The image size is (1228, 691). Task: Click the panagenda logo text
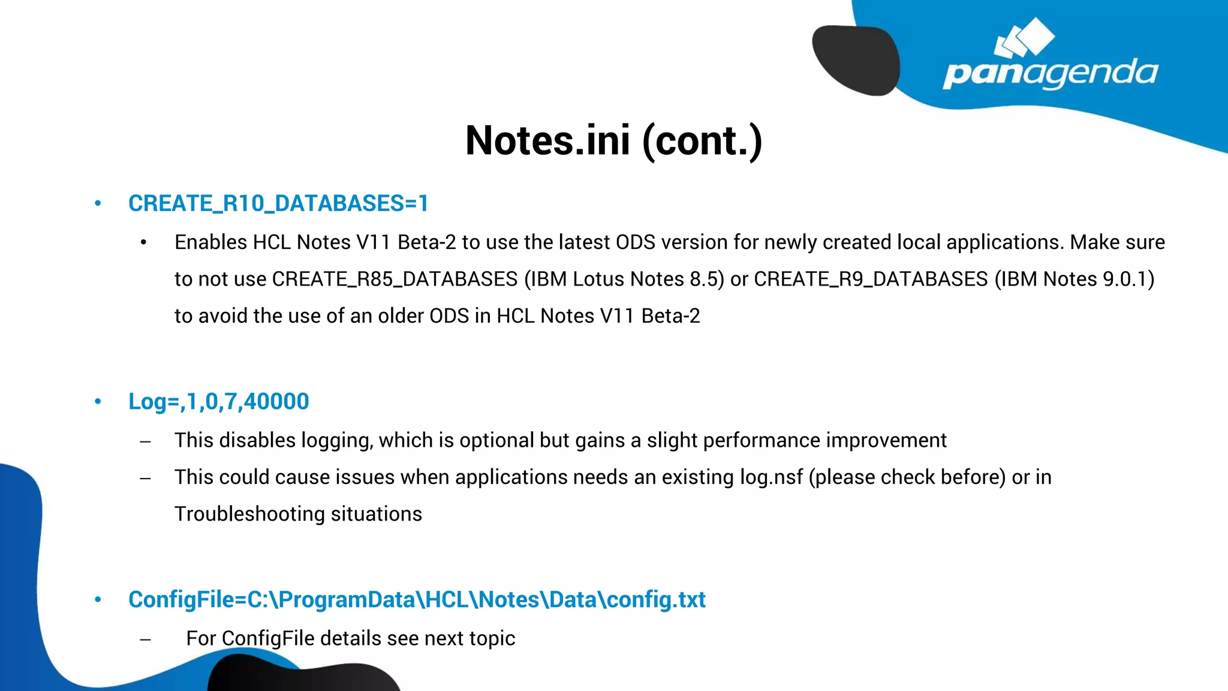click(1050, 73)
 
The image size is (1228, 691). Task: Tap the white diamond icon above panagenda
click(1025, 38)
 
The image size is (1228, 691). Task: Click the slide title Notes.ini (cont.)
click(613, 141)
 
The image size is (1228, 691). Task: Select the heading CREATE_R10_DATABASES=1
click(278, 204)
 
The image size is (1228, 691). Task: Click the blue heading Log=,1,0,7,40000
click(219, 402)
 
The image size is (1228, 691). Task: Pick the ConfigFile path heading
click(417, 600)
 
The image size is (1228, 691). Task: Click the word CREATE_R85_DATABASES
click(395, 280)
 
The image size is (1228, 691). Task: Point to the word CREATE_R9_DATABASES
click(871, 280)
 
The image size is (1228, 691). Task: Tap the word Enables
click(211, 242)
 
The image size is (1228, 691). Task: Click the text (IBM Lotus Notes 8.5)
click(624, 280)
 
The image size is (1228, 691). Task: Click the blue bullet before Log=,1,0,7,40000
click(98, 402)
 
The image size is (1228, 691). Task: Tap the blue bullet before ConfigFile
click(98, 600)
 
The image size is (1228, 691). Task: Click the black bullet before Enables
click(143, 243)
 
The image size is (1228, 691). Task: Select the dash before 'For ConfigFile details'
click(145, 639)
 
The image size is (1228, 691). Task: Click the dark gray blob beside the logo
click(856, 60)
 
